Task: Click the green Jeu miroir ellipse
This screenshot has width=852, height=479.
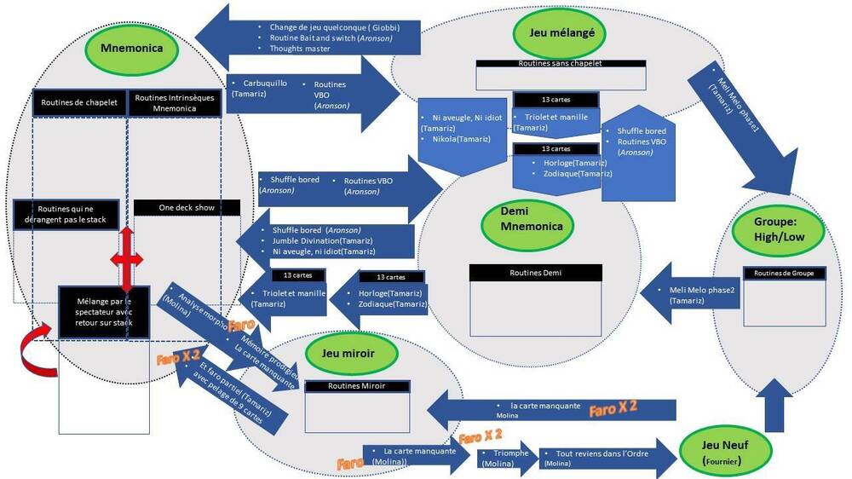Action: [x=348, y=352]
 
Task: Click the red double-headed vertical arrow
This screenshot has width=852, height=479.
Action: [x=126, y=260]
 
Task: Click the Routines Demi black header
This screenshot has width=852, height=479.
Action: [x=536, y=273]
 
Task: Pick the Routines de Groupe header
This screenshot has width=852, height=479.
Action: [x=784, y=273]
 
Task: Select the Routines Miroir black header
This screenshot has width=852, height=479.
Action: [x=357, y=386]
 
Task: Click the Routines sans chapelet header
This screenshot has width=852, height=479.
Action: [x=560, y=64]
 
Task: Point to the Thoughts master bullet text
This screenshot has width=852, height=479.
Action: [x=299, y=49]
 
